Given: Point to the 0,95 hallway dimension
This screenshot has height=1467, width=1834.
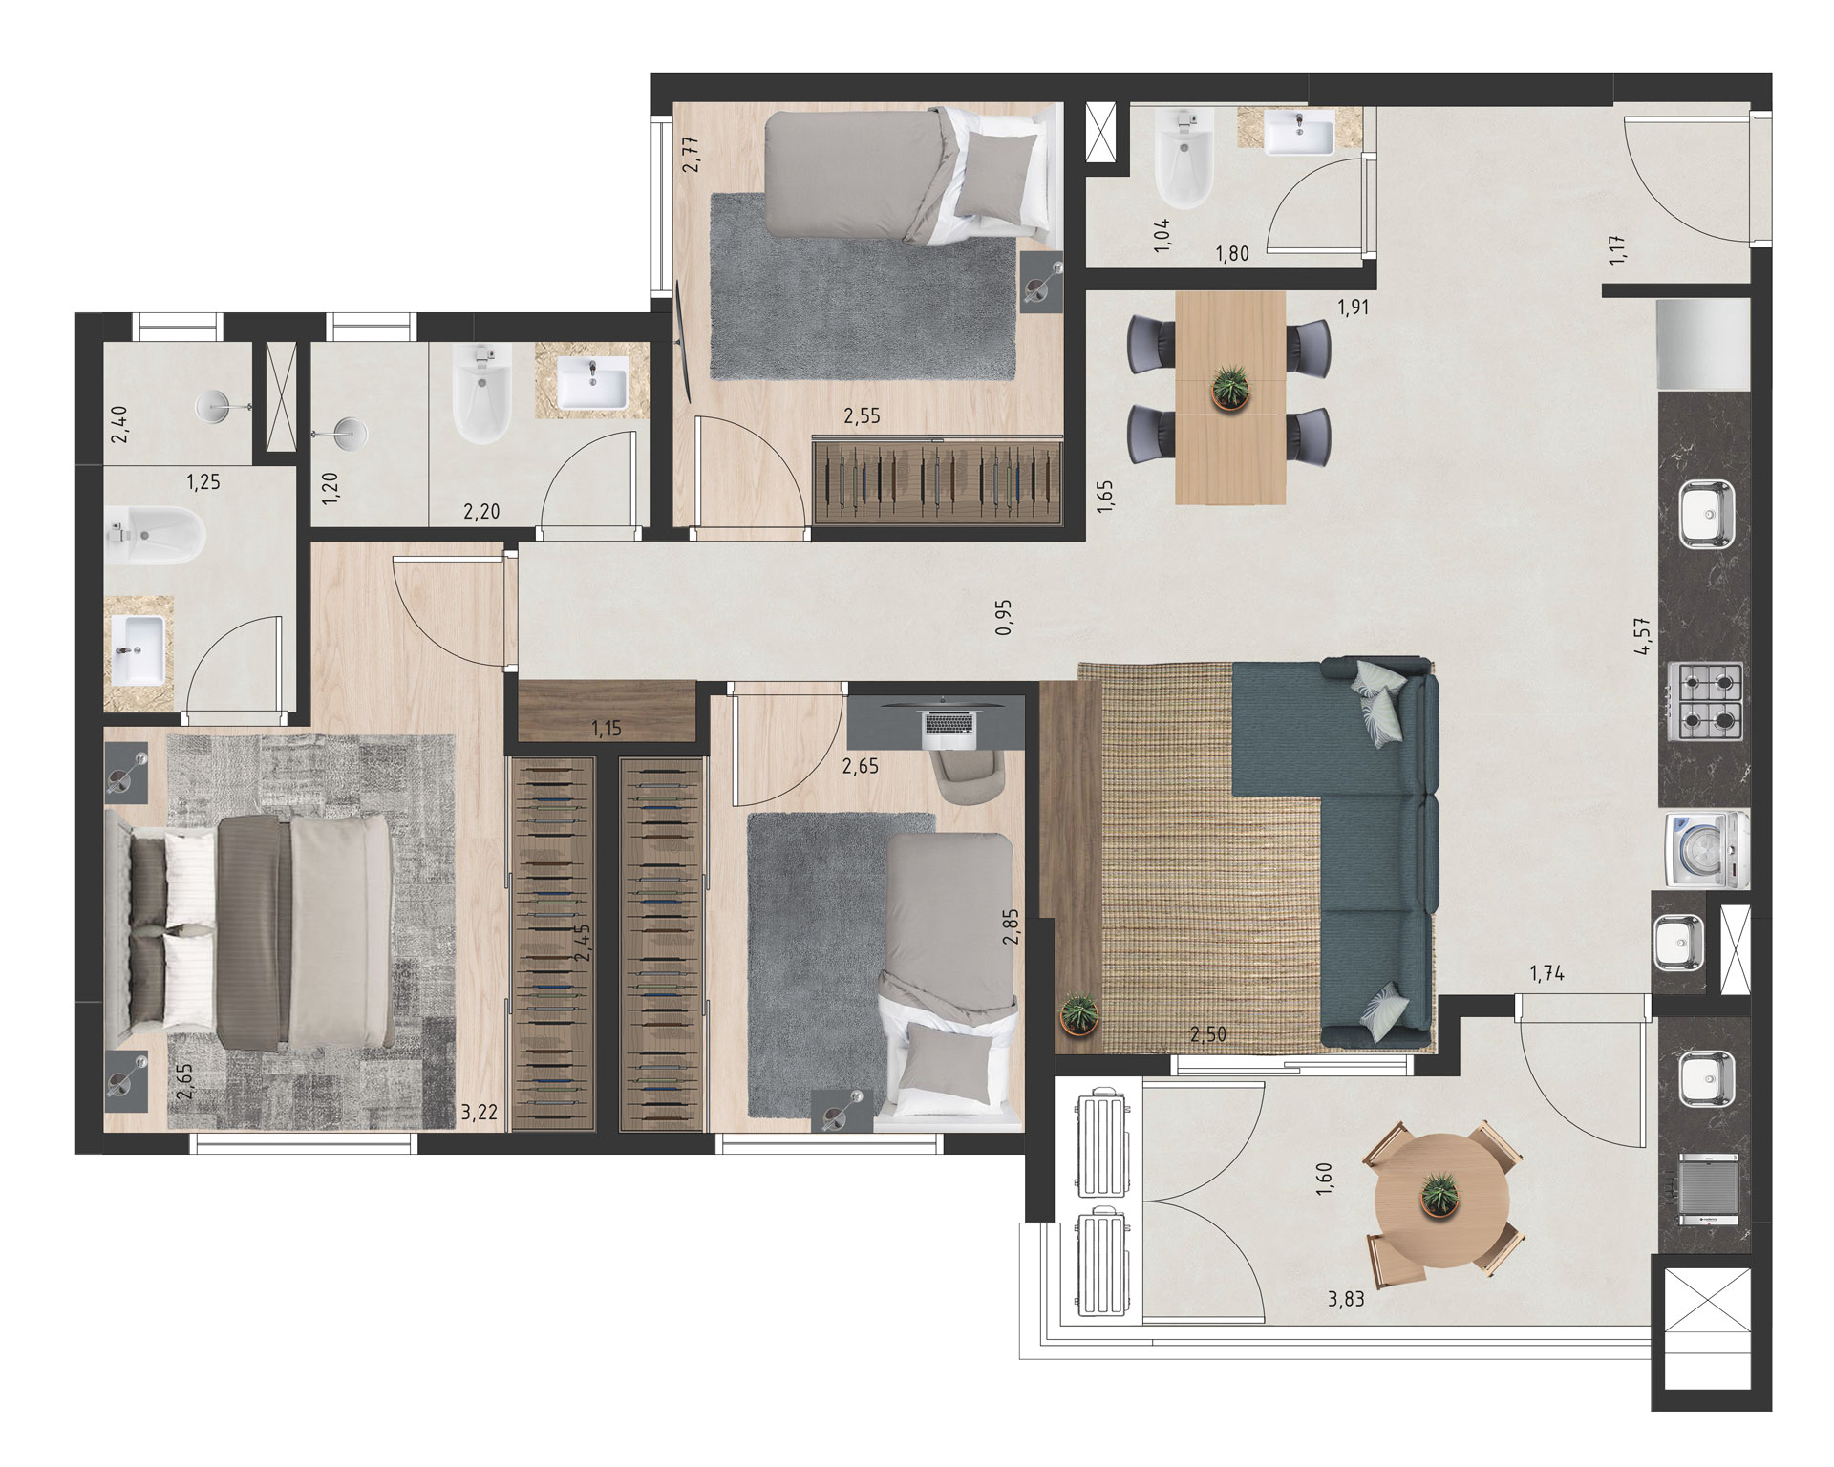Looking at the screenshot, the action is [x=1003, y=617].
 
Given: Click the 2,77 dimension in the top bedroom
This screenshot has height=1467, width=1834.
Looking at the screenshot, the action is [x=693, y=154].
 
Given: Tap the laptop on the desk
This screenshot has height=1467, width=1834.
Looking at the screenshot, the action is [x=950, y=728].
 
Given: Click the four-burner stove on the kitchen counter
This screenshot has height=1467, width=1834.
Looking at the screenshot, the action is [x=1705, y=700].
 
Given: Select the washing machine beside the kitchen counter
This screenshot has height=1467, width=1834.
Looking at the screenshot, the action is [x=1705, y=850].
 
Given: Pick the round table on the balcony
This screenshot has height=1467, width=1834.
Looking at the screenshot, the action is [x=1442, y=1199].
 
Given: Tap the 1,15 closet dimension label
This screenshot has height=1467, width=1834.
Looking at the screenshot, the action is [x=606, y=729].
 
